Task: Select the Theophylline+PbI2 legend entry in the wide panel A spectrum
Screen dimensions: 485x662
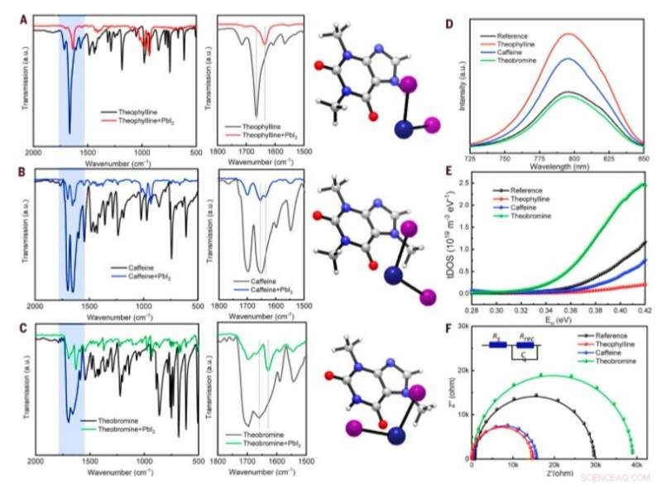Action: [148, 118]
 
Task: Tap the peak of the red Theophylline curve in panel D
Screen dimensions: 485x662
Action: [568, 34]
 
